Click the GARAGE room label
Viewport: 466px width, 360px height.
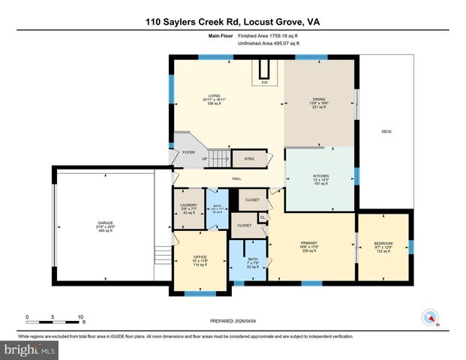(104, 223)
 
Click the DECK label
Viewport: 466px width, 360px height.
(386, 132)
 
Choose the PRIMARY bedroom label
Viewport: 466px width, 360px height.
(310, 243)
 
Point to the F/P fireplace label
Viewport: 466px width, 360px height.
(264, 82)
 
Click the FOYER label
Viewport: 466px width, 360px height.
(189, 152)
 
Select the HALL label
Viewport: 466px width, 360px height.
(236, 178)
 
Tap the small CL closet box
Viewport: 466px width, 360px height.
(262, 217)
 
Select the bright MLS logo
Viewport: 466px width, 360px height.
(29, 350)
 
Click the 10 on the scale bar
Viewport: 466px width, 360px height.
(80, 317)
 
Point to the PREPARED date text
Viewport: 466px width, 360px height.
(233, 320)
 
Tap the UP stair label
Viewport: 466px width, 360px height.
(205, 158)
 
